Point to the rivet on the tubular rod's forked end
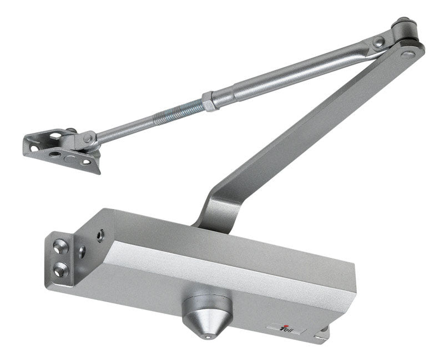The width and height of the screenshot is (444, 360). (x=379, y=42)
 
